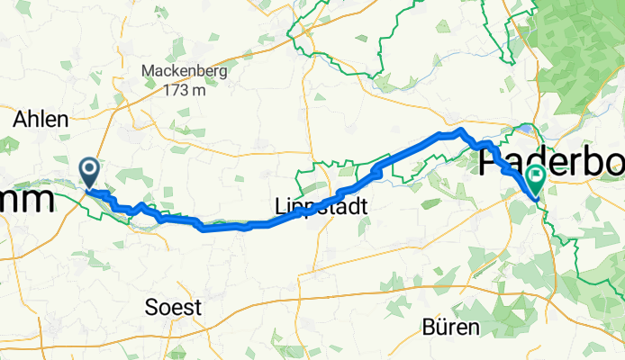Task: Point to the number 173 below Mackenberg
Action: click(x=176, y=91)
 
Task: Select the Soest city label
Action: click(x=173, y=307)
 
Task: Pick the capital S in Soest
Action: click(x=151, y=307)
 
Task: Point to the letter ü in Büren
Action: click(x=439, y=325)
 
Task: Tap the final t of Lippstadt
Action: click(x=364, y=207)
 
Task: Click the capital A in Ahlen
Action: click(x=19, y=120)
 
